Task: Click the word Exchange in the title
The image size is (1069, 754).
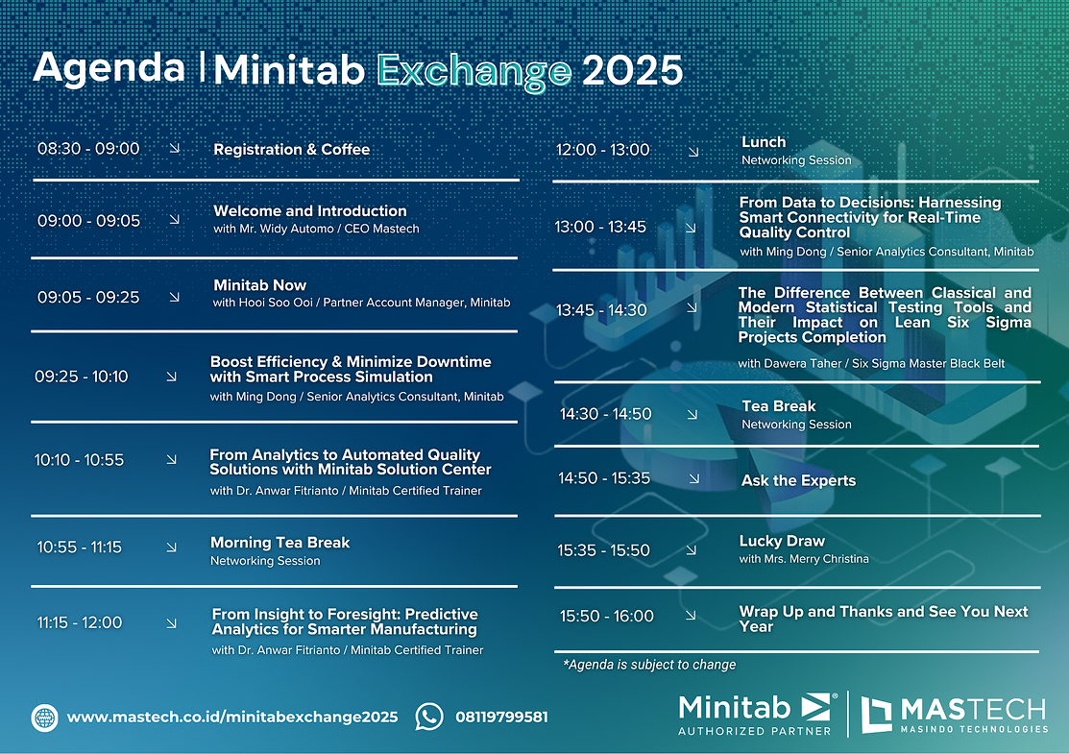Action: tap(474, 70)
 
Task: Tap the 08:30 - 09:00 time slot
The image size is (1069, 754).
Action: tap(88, 149)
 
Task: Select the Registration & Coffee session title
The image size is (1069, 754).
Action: tap(291, 150)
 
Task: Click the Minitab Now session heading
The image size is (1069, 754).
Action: tap(259, 285)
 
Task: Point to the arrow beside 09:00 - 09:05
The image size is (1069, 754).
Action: tap(174, 220)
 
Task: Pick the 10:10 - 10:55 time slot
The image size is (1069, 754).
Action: tap(80, 460)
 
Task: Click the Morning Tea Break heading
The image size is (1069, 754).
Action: tap(279, 543)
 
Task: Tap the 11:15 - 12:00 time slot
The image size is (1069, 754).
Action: tap(80, 622)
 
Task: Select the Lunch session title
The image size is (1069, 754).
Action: tap(764, 142)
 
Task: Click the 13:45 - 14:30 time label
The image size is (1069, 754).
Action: tap(601, 310)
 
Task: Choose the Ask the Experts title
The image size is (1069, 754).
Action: tap(798, 480)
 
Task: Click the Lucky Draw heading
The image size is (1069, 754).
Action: tap(782, 541)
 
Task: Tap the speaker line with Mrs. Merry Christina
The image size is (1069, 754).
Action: tap(804, 559)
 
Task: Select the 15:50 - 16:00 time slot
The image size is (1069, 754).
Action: tap(606, 617)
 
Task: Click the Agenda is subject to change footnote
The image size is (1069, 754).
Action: tap(650, 665)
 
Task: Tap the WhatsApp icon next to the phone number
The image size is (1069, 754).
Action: tap(429, 717)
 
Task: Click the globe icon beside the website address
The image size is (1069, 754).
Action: tap(45, 718)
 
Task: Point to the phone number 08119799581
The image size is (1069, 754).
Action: tap(501, 718)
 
